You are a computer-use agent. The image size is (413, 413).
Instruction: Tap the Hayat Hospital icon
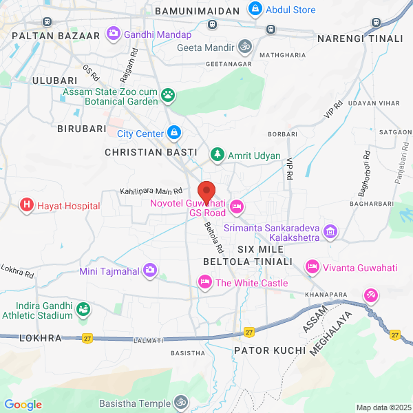click(x=26, y=205)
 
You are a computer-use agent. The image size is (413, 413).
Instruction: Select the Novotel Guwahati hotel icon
click(x=237, y=206)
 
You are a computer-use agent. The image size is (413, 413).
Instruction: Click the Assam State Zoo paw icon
click(x=168, y=93)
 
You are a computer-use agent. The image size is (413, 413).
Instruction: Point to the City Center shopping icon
click(x=174, y=133)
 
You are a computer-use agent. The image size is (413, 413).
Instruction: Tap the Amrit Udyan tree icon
click(x=218, y=155)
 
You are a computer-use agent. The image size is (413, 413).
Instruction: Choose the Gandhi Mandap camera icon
click(x=113, y=33)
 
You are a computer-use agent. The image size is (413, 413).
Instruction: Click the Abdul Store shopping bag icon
click(x=255, y=10)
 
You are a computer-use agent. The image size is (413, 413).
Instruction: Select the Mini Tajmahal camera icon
click(x=149, y=271)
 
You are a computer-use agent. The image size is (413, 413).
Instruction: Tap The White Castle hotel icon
click(x=204, y=282)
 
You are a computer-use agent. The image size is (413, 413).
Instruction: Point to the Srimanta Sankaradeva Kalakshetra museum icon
click(x=330, y=231)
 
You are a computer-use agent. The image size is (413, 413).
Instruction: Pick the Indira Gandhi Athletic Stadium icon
click(x=83, y=310)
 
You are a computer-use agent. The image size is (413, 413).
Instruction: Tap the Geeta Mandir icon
click(x=244, y=47)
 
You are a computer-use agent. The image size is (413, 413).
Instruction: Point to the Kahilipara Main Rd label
click(x=151, y=191)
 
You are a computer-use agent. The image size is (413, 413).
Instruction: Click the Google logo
click(x=23, y=405)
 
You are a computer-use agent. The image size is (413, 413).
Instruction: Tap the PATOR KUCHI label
click(x=270, y=350)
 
